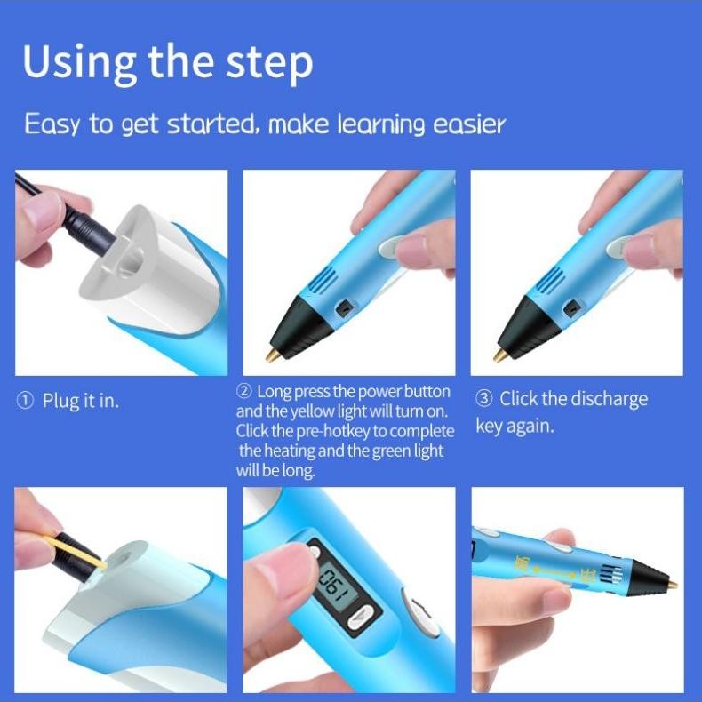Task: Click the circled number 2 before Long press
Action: (243, 392)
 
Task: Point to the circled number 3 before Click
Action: (483, 399)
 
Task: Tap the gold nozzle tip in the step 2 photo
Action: (272, 355)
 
